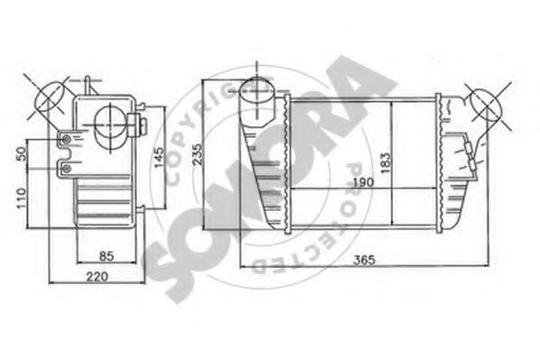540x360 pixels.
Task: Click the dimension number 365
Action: pos(363,262)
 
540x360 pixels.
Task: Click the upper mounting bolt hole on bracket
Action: pos(66,139)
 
